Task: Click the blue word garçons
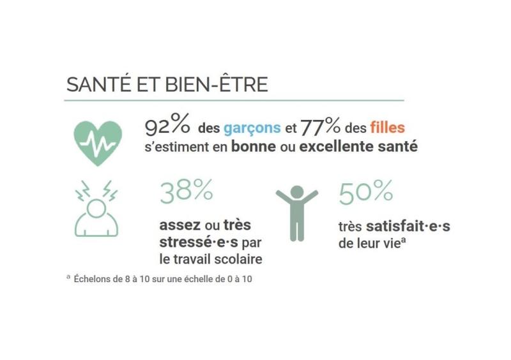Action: pos(252,128)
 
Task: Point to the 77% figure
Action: pos(321,127)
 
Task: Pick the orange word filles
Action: pos(387,128)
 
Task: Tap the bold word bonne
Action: pos(251,147)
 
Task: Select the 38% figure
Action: pos(186,193)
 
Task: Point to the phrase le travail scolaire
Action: pos(211,259)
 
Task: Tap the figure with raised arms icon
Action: pos(296,213)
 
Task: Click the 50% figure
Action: pos(365,193)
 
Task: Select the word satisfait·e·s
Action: pos(408,227)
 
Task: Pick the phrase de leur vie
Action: pos(363,243)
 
